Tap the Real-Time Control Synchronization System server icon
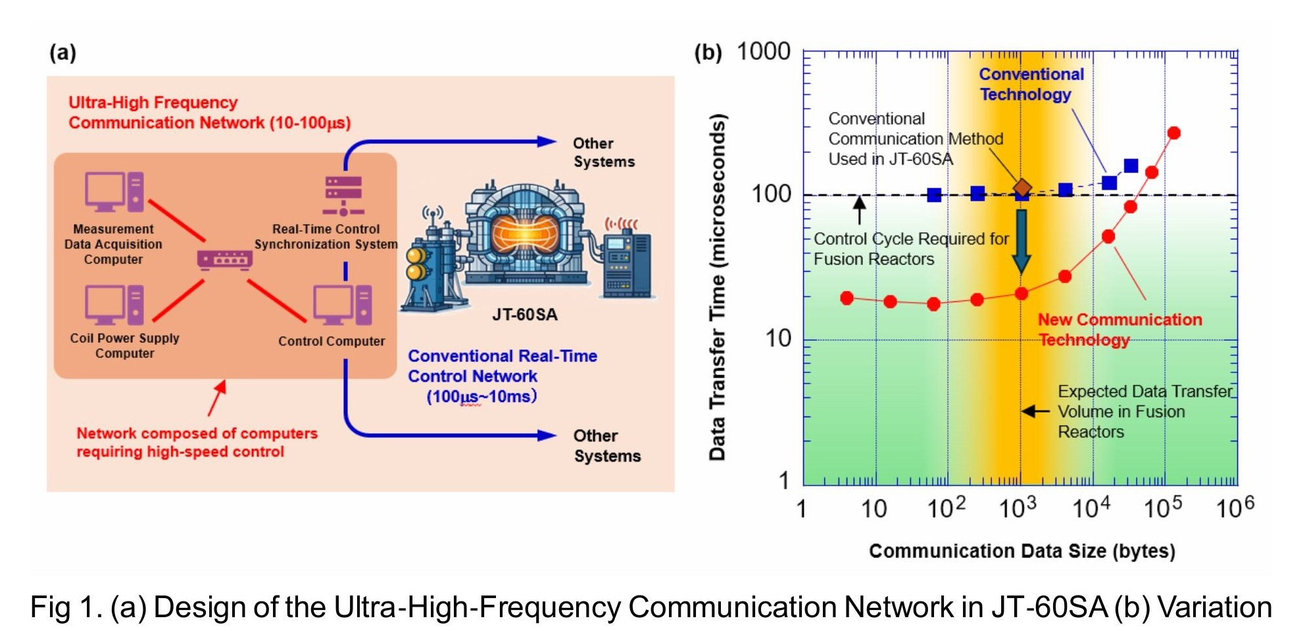pyautogui.click(x=343, y=195)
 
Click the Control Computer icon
pyautogui.click(x=343, y=305)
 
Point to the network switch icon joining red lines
pyautogui.click(x=225, y=259)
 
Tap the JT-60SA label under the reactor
pyautogui.click(x=525, y=315)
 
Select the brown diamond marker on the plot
pyautogui.click(x=1022, y=188)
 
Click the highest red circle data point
pyautogui.click(x=1173, y=133)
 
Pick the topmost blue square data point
pyautogui.click(x=1131, y=166)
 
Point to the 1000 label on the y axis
pyautogui.click(x=764, y=51)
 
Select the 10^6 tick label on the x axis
pyautogui.click(x=1235, y=507)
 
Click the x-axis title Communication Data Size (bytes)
pyautogui.click(x=1022, y=551)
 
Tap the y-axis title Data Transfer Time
pyautogui.click(x=718, y=288)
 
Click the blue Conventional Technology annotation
pyautogui.click(x=1030, y=84)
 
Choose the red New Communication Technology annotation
pyautogui.click(x=1119, y=329)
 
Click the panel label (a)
pyautogui.click(x=63, y=52)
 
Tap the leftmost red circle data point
pyautogui.click(x=847, y=298)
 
